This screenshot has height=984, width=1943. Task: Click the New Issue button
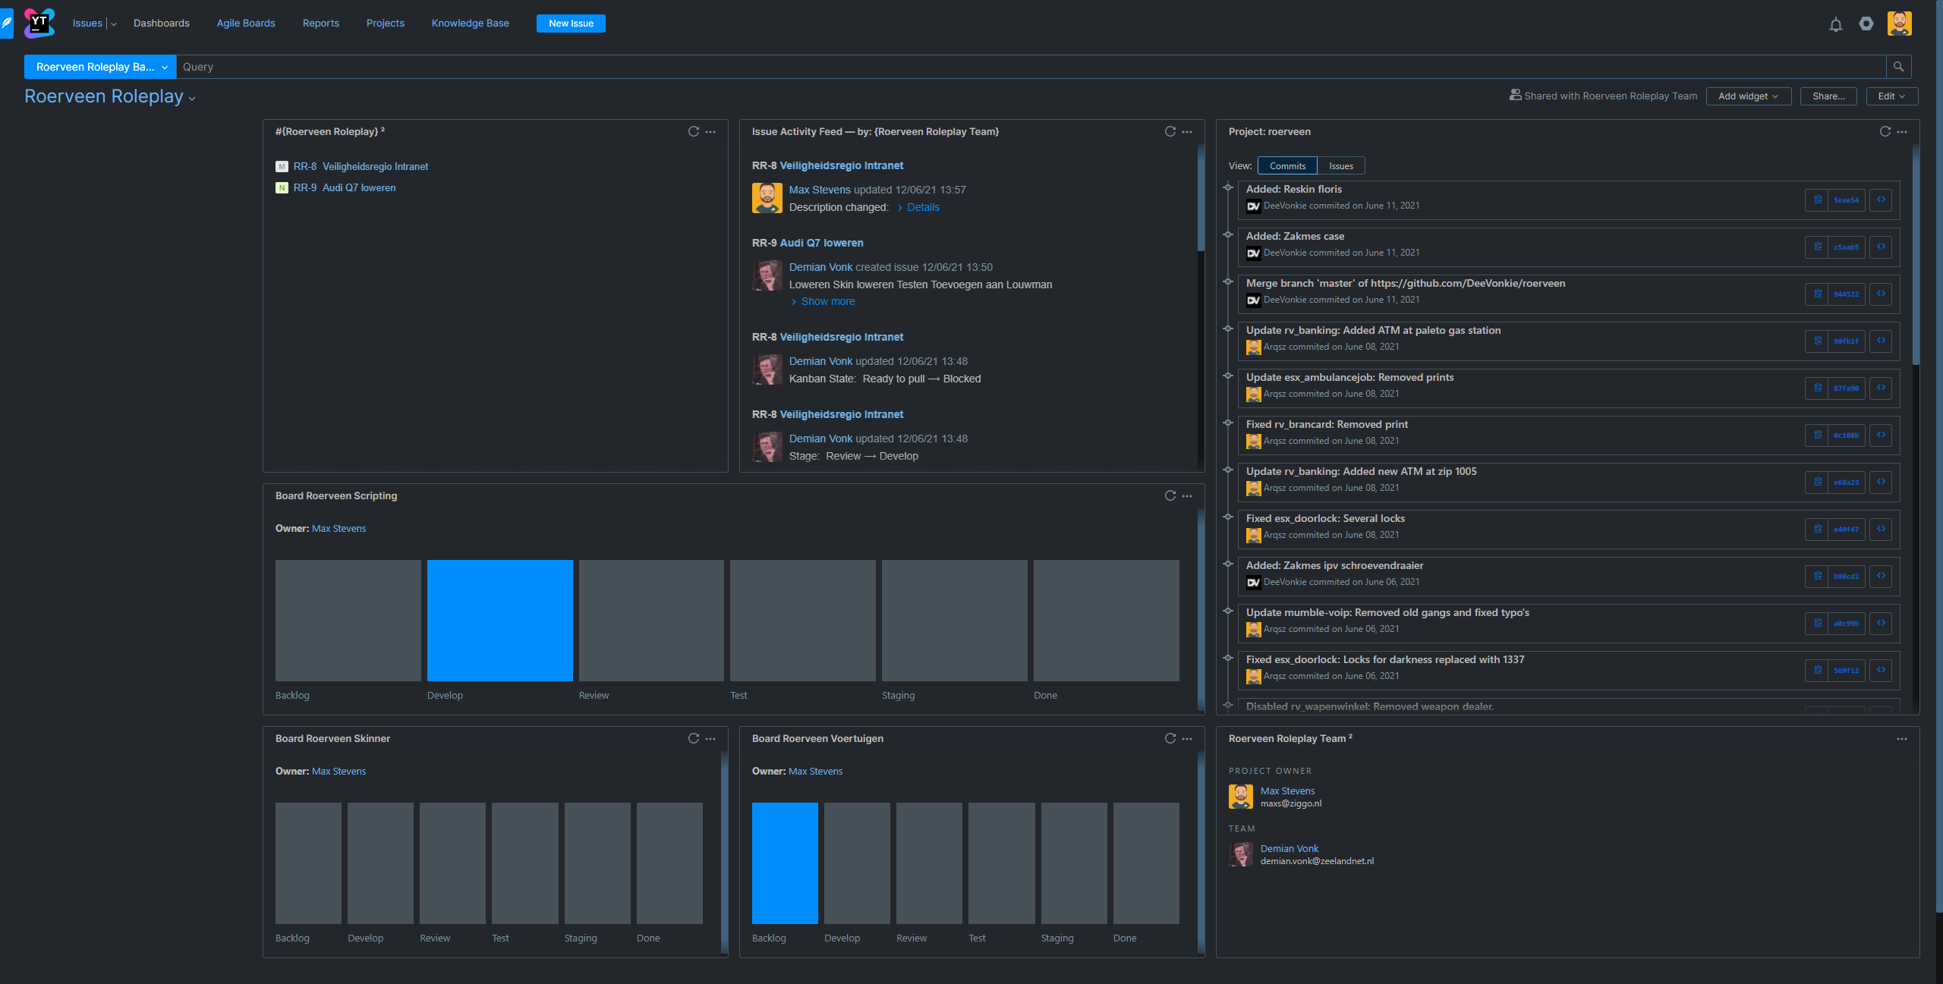coord(571,24)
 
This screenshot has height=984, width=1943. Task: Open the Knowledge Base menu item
coord(470,24)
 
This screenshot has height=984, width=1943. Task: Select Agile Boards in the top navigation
coord(246,24)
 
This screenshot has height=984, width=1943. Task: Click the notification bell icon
coord(1835,24)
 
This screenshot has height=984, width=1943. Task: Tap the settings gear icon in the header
coord(1866,24)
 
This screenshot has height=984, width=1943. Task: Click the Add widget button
coord(1748,96)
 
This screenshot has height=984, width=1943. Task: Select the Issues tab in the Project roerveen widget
coord(1340,166)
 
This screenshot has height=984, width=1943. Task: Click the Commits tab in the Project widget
coord(1287,166)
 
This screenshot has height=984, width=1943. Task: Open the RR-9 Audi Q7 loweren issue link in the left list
coord(358,188)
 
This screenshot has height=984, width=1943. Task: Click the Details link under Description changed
coord(923,207)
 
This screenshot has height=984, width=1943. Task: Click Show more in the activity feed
coord(827,301)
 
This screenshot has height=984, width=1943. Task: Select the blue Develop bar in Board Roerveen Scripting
coord(499,620)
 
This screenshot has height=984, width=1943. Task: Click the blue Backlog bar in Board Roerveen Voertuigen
coord(785,863)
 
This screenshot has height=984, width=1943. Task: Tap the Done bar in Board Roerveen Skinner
coord(669,863)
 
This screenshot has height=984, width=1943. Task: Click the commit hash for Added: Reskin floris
coord(1846,200)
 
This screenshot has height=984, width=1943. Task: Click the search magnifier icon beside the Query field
coord(1898,67)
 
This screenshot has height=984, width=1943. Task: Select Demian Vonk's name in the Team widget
coord(1289,848)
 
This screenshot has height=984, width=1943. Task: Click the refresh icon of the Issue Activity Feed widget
coord(1170,132)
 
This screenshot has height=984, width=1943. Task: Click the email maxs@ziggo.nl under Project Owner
coord(1290,803)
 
